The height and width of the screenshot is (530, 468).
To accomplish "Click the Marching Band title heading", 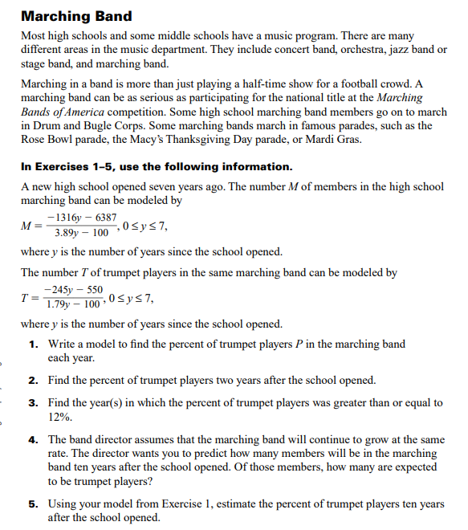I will click(x=76, y=16).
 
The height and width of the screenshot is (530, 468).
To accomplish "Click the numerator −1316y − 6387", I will click(x=82, y=218).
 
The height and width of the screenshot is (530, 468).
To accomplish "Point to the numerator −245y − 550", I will click(x=74, y=289).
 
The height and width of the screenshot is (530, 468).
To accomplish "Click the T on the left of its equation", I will click(x=25, y=297).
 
